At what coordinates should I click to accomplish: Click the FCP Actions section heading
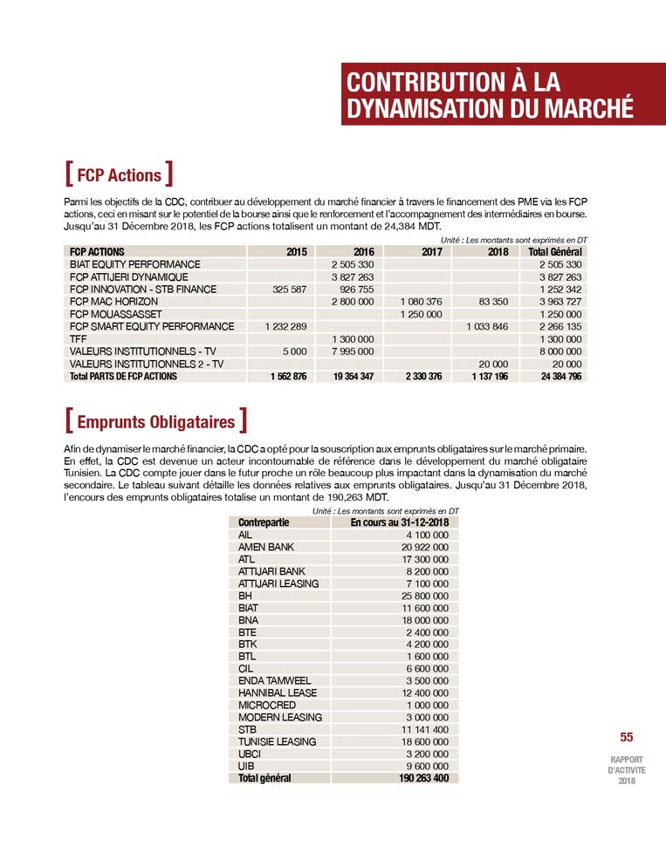point(119,175)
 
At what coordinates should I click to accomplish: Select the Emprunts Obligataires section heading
point(155,422)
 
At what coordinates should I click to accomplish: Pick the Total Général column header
point(555,252)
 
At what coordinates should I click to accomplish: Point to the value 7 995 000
point(353,351)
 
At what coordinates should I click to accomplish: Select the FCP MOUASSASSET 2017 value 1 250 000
point(421,314)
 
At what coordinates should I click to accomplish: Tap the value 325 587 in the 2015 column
point(285,289)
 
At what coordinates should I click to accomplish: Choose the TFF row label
point(78,338)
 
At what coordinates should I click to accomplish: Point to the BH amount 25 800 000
point(424,596)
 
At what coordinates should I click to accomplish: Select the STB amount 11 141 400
point(424,729)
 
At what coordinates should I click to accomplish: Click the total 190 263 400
point(419,778)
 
